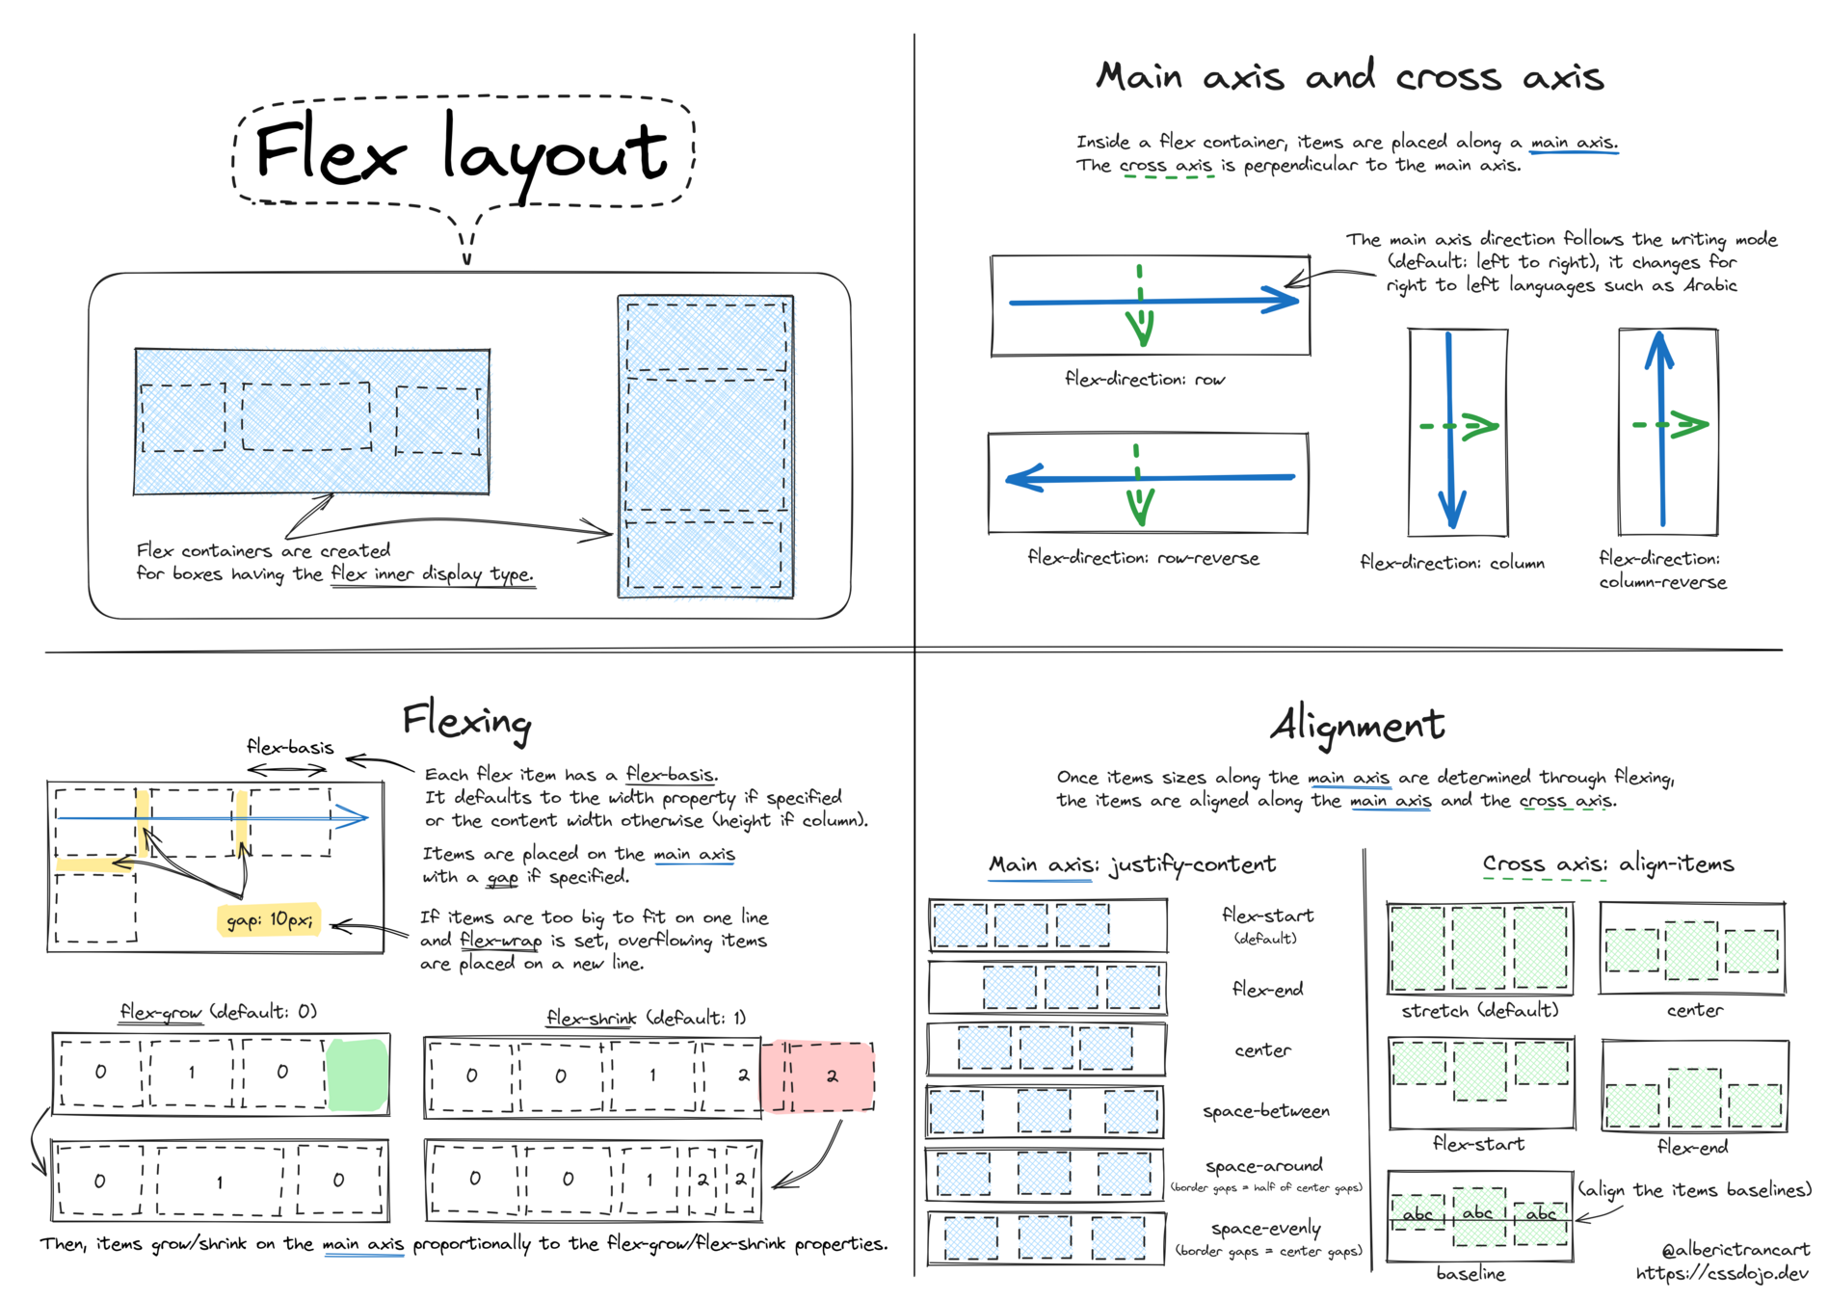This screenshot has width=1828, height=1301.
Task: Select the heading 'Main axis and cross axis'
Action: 1349,76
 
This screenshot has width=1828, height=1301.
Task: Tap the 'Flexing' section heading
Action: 466,720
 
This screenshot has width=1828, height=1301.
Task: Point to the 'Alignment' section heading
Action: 1357,726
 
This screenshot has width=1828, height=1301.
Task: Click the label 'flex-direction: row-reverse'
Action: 1143,558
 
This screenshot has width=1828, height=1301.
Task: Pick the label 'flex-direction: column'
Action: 1451,563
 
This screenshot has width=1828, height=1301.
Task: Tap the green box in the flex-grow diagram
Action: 358,1074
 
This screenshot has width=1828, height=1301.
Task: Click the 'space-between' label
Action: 1265,1111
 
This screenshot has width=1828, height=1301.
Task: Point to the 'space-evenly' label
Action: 1265,1229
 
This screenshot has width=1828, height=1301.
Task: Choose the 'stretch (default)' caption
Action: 1479,1011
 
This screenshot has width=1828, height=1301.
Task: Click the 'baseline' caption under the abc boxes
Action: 1470,1274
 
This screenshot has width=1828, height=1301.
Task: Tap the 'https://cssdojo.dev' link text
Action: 1722,1274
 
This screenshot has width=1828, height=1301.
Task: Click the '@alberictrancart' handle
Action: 1735,1250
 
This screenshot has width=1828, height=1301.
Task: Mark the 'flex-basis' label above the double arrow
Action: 290,747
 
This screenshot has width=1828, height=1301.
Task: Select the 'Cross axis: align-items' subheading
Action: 1607,864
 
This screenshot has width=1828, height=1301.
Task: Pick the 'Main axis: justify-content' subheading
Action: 1132,864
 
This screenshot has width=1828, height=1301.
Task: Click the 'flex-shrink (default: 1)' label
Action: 646,1018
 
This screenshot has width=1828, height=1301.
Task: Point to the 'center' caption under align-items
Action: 1694,1011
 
